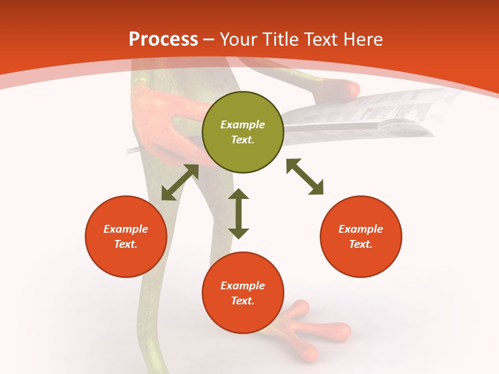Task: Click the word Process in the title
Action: (163, 39)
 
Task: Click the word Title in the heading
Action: (280, 39)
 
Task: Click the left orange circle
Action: (126, 236)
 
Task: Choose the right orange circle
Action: (361, 236)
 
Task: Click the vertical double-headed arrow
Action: (239, 213)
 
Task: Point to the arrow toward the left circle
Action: (180, 182)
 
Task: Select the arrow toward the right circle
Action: (305, 177)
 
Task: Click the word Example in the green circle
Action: (243, 125)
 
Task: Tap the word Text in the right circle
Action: (361, 244)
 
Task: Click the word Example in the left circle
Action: (126, 229)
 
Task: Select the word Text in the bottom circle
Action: (243, 301)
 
